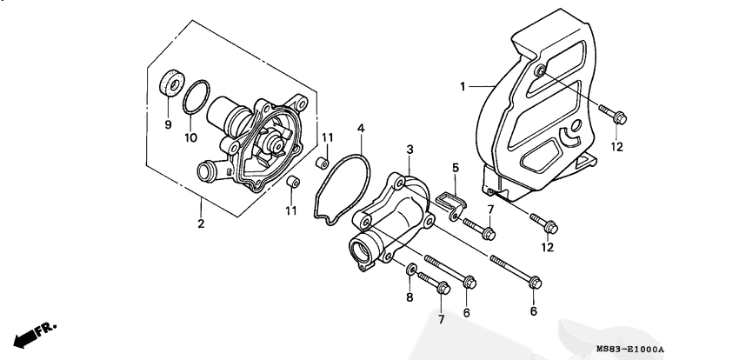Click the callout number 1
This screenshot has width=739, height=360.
[x=463, y=87]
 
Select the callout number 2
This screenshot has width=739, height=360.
[x=201, y=223]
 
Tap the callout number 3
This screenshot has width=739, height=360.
[x=410, y=150]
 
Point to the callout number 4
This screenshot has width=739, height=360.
[x=361, y=128]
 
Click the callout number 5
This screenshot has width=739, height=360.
[x=456, y=167]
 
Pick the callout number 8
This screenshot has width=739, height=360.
[x=409, y=297]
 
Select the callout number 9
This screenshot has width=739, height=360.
[x=168, y=124]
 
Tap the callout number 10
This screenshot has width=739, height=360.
[x=190, y=137]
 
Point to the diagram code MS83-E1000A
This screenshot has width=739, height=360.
[x=629, y=350]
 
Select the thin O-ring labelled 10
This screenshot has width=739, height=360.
[x=196, y=97]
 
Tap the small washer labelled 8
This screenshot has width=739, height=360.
[x=411, y=270]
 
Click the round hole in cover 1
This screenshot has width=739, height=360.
[x=576, y=126]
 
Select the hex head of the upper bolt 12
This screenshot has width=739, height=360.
[x=620, y=117]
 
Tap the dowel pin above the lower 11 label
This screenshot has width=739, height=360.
[x=292, y=182]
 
